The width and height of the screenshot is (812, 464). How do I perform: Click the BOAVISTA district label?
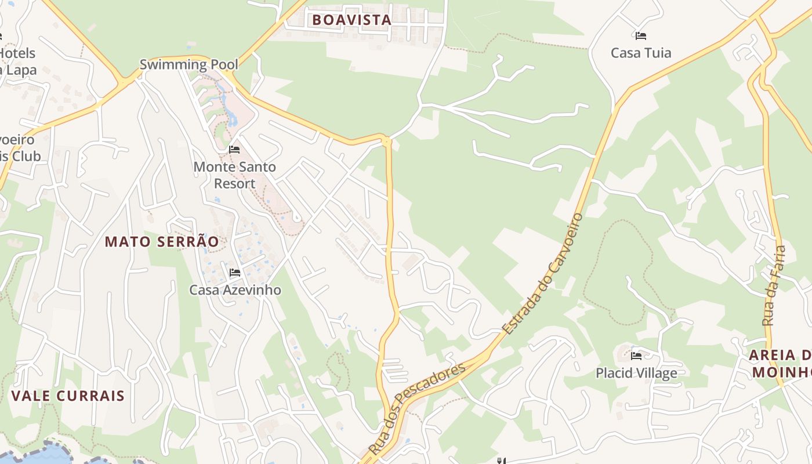point(351,20)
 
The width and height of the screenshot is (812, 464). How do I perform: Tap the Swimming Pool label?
point(189,64)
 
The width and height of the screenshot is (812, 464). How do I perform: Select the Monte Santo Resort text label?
point(234,175)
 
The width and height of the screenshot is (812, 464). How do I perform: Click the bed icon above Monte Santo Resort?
point(234,150)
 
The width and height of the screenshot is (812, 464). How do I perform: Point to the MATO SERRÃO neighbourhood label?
point(162,242)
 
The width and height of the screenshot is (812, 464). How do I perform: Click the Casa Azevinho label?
point(235,290)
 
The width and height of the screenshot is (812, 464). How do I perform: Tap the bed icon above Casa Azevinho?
point(235,272)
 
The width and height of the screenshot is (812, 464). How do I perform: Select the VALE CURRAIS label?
point(68,396)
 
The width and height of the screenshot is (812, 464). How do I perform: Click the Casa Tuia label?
point(641,53)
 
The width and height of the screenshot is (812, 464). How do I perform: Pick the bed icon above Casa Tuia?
point(641,35)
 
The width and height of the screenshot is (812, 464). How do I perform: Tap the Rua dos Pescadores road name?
point(418,409)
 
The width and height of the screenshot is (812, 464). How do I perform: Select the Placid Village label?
point(636,373)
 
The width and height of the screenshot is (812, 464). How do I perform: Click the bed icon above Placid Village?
point(636,356)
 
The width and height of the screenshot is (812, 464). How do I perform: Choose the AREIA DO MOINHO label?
point(780,363)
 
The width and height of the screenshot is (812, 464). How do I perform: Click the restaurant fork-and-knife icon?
point(501,461)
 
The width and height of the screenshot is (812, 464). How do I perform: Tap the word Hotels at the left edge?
point(17,53)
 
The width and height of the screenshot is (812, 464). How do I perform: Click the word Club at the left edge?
point(27,156)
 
